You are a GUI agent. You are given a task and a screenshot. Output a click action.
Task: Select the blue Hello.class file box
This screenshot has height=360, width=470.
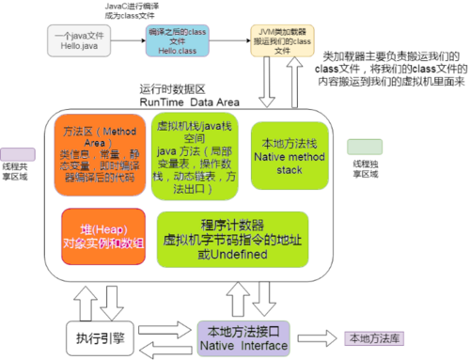coord(177,39)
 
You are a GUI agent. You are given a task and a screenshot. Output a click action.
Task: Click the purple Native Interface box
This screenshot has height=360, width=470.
coord(249,336)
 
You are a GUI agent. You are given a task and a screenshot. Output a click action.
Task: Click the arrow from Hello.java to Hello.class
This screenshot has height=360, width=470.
coord(130,39)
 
